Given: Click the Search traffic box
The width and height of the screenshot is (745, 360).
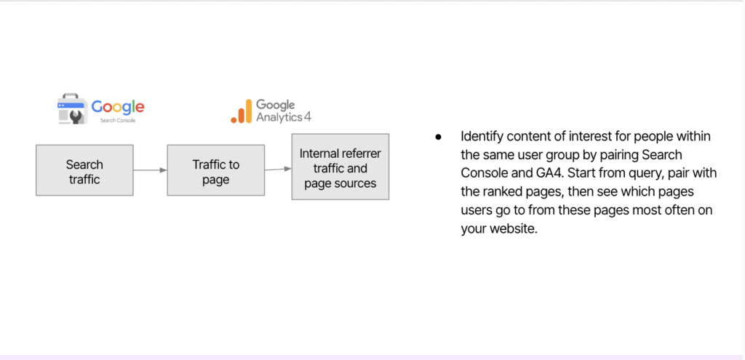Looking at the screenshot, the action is pos(84,170).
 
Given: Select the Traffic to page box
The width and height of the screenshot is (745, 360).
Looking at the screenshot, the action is pos(215,170).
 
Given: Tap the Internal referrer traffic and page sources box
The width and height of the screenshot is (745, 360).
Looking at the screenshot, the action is pos(340,167).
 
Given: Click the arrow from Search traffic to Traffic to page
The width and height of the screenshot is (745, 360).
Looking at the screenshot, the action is pos(150,170).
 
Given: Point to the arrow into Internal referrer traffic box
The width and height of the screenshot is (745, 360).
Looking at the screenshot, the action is pos(278,169).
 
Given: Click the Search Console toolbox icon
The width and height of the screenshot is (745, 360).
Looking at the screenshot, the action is pos(72,109).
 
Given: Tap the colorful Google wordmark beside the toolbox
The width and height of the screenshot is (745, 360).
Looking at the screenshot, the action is pos(118,108).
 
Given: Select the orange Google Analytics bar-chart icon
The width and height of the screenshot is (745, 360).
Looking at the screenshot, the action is pos(242,111).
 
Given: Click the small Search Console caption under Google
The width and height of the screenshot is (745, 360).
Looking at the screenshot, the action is pos(118,121).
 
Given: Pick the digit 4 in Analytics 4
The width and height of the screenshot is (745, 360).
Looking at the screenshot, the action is pos(308,116).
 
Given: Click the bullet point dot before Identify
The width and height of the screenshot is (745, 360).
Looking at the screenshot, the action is pos(438,137).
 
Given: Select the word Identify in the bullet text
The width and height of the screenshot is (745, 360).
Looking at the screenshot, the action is pos(482,137).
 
